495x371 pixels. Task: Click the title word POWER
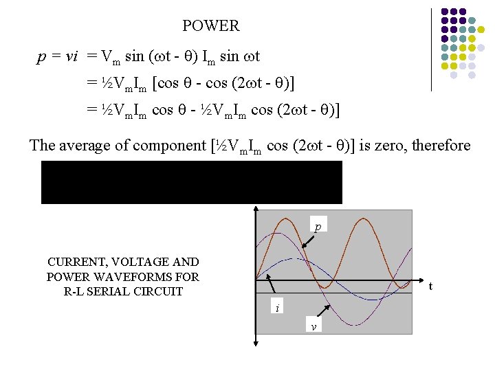(x=210, y=26)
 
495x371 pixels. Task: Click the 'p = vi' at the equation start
(x=57, y=56)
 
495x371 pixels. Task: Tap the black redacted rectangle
(x=191, y=182)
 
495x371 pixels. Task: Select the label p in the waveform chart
(x=317, y=226)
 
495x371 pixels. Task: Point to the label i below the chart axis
(x=277, y=308)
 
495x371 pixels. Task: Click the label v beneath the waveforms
(x=313, y=326)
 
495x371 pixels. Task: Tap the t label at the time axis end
(x=430, y=286)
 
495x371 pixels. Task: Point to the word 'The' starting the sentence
(x=43, y=146)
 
